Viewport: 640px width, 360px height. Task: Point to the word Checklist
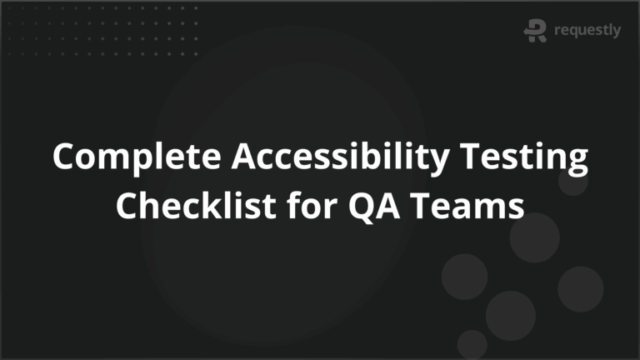188,204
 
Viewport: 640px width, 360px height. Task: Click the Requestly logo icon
534,31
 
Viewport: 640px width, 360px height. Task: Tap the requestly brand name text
587,31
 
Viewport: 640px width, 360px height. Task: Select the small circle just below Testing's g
572,181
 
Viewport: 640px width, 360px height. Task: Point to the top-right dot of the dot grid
196,11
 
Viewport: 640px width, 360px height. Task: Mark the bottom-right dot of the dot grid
196,53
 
